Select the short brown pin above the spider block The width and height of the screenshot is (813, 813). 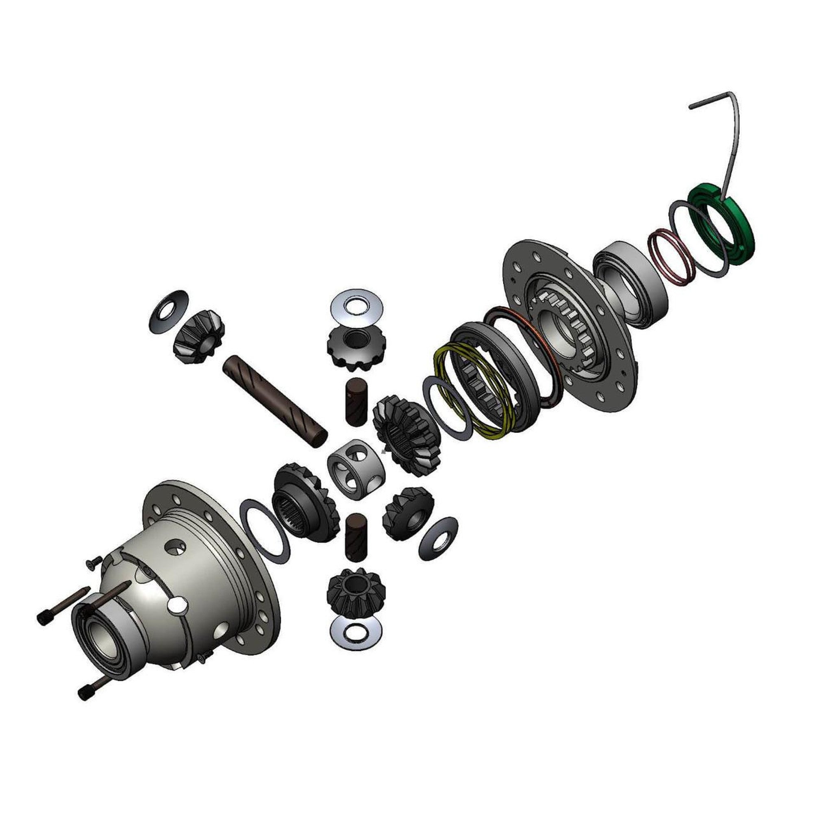tap(356, 402)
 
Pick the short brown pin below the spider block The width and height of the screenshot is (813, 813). tap(356, 537)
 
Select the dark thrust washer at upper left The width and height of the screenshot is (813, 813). tap(168, 311)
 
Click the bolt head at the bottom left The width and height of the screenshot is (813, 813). tap(85, 693)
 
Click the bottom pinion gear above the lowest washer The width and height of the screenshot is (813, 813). tap(356, 591)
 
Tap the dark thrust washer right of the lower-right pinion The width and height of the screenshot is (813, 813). tap(438, 539)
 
